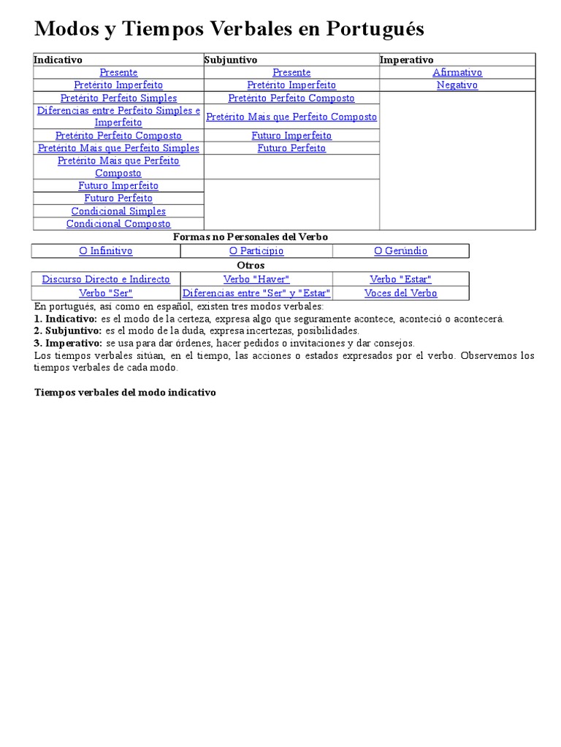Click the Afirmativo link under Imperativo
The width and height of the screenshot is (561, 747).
tap(457, 72)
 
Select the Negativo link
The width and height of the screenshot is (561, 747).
tap(457, 85)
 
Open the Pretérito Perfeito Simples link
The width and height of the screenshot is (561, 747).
tap(118, 98)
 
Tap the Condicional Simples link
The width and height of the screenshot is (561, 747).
tap(118, 212)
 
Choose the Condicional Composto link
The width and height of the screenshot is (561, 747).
tap(118, 224)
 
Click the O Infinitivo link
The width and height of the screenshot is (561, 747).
tap(106, 251)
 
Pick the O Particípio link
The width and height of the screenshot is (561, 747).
tap(256, 251)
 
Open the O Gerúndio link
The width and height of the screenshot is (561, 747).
tap(400, 251)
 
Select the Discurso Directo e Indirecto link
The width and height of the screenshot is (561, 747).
tap(106, 279)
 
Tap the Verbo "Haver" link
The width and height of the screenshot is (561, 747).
tap(256, 279)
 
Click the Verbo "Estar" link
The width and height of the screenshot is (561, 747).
tap(400, 279)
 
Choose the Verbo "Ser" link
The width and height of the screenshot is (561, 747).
tap(106, 293)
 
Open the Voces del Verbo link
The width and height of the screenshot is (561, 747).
tap(400, 293)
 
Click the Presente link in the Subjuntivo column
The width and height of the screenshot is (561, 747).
tap(291, 72)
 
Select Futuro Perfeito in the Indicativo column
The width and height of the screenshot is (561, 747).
tap(118, 198)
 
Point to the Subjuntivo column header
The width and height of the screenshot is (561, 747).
tap(231, 60)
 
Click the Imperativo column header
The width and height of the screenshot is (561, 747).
tap(407, 60)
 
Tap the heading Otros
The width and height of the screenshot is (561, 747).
tap(251, 266)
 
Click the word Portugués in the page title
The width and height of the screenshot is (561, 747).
tap(375, 29)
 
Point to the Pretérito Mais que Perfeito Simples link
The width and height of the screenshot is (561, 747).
tap(118, 148)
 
